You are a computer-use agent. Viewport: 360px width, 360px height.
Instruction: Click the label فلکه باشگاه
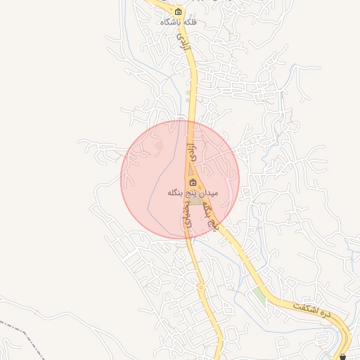click(x=179, y=22)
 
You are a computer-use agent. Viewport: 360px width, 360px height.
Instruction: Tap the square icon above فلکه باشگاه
click(x=178, y=12)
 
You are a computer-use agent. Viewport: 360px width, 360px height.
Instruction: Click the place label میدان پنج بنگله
click(x=193, y=192)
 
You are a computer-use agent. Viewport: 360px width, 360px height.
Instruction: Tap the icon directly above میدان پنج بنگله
click(x=193, y=183)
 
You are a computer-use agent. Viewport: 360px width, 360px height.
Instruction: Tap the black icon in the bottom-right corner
click(x=342, y=356)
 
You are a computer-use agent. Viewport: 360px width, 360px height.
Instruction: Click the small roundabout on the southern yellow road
click(x=201, y=286)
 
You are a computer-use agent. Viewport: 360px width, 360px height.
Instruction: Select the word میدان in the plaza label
click(x=207, y=192)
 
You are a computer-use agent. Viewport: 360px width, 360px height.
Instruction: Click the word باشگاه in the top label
click(x=169, y=22)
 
